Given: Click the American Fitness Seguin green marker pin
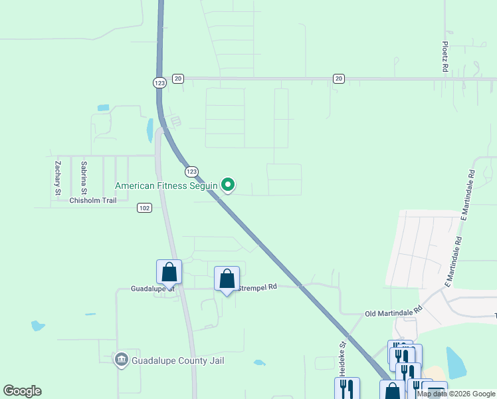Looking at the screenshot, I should pyautogui.click(x=228, y=185).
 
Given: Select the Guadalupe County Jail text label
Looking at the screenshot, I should pyautogui.click(x=177, y=360).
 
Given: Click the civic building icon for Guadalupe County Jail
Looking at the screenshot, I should pyautogui.click(x=121, y=360).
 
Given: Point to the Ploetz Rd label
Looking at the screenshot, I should pyautogui.click(x=445, y=57).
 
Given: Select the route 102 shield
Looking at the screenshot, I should pyautogui.click(x=145, y=208).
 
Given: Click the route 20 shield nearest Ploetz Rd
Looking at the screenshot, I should pyautogui.click(x=339, y=78).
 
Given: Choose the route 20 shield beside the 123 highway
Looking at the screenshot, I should pyautogui.click(x=177, y=78).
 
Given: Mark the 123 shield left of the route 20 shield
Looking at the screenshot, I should pyautogui.click(x=159, y=82).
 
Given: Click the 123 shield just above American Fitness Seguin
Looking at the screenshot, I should pyautogui.click(x=191, y=171).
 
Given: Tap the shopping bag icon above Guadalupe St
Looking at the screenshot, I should pyautogui.click(x=169, y=272).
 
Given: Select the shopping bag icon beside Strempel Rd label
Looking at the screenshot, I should pyautogui.click(x=227, y=279).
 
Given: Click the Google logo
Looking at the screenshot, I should pyautogui.click(x=22, y=391).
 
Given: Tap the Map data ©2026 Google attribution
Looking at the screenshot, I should pyautogui.click(x=456, y=394).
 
